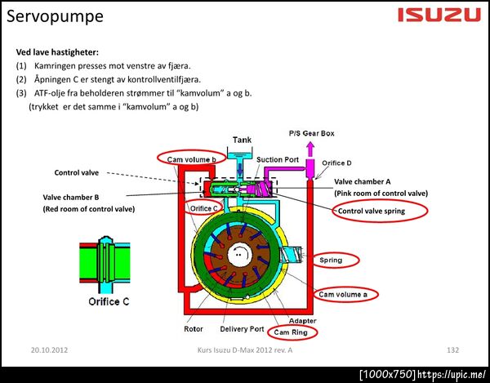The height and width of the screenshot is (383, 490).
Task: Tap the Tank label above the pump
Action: pyautogui.click(x=243, y=140)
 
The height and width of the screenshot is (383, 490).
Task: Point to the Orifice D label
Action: pyautogui.click(x=338, y=163)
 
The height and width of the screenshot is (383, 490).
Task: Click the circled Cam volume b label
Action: pyautogui.click(x=191, y=158)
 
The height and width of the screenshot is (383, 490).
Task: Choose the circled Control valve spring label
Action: pyautogui.click(x=381, y=211)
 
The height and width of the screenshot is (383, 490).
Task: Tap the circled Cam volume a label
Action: pyautogui.click(x=342, y=293)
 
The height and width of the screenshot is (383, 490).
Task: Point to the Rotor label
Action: pyautogui.click(x=194, y=330)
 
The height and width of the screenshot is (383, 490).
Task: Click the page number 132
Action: pyautogui.click(x=454, y=349)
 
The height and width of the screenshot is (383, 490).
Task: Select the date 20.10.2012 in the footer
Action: pyautogui.click(x=50, y=349)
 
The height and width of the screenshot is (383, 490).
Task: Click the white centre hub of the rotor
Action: pyautogui.click(x=239, y=253)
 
